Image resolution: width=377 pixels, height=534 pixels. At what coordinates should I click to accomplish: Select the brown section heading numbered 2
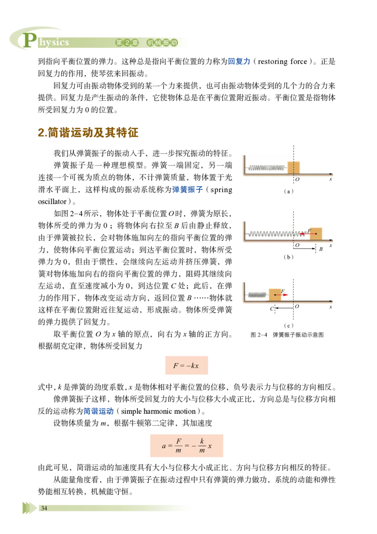pos(88,133)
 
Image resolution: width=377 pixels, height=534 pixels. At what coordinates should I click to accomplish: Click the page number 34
pos(44,508)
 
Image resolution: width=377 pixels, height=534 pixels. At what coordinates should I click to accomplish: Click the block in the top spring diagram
pos(294,167)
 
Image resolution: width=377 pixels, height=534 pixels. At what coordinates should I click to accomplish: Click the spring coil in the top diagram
pos(267,167)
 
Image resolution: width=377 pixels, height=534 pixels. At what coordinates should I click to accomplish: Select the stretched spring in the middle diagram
pos(276,234)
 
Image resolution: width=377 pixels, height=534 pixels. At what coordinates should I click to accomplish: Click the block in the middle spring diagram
pos(316,234)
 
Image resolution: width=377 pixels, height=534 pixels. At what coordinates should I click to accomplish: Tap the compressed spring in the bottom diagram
pos(257,295)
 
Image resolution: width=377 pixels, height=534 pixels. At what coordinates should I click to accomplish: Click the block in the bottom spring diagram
pos(275,295)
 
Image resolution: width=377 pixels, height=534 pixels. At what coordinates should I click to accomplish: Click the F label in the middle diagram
pos(309,231)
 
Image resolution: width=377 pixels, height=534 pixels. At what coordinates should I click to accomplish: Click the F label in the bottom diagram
pos(282,292)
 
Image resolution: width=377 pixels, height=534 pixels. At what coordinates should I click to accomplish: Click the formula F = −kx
pos(186,366)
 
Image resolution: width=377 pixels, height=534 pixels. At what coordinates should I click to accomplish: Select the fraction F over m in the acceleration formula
pos(179,446)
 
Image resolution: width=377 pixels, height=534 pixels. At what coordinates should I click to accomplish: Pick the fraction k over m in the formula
pos(202,446)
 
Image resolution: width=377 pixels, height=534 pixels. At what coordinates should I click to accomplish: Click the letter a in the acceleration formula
pos(164,446)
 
